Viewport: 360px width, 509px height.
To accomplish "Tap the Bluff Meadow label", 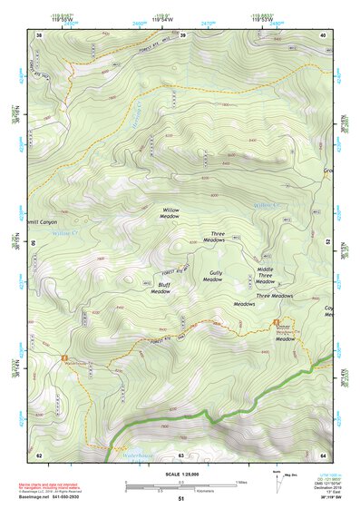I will [x=161, y=289].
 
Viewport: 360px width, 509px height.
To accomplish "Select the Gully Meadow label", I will [x=212, y=277].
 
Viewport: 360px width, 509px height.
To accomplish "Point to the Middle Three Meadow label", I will [x=266, y=273].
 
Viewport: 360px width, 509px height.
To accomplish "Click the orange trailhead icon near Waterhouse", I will [x=64, y=357].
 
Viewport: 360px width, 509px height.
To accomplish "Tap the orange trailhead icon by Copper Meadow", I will [x=275, y=324].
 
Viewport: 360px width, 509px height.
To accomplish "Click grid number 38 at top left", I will [x=39, y=35].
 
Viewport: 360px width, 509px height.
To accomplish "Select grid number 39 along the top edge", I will [x=182, y=35].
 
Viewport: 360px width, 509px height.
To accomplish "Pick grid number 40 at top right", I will [x=323, y=35].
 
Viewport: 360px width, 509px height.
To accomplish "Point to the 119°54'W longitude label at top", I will [x=164, y=17].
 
